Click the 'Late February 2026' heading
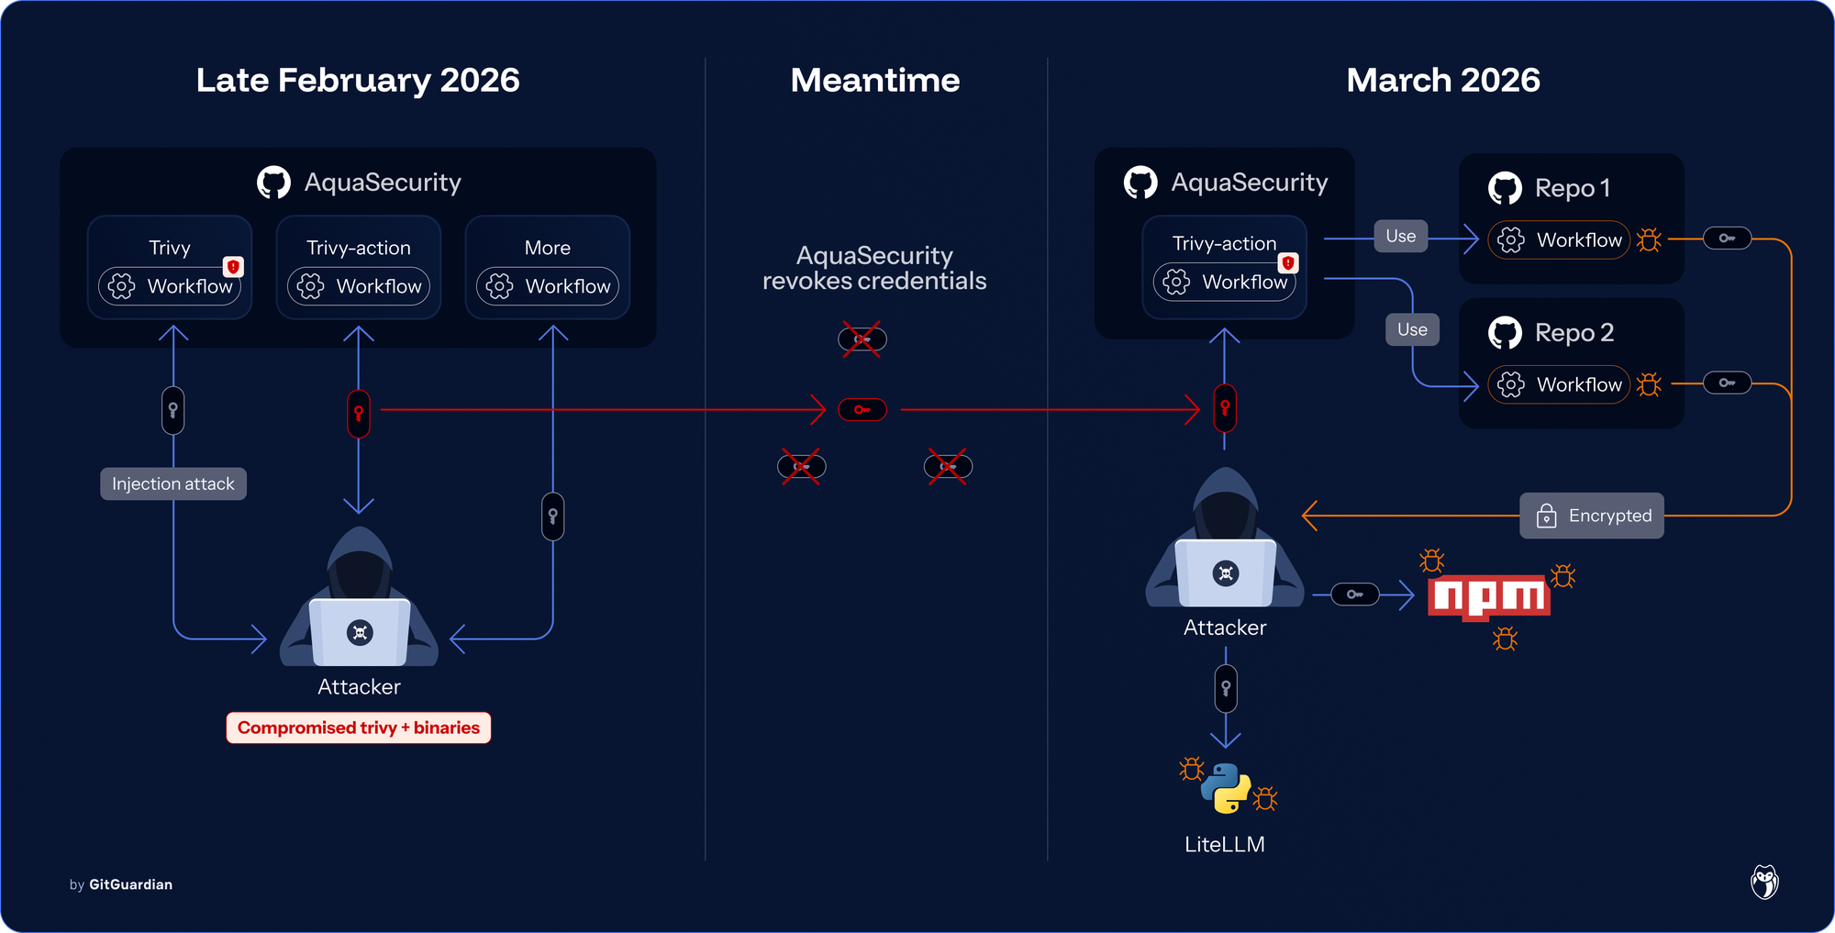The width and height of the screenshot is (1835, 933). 358,81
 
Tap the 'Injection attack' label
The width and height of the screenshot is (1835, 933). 173,483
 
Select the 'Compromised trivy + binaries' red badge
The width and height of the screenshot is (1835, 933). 359,728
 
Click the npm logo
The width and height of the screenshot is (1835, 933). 1489,597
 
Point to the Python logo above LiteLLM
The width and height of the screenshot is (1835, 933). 1226,788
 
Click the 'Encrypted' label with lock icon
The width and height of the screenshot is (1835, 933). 1592,516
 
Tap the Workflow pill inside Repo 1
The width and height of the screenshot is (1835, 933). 1559,240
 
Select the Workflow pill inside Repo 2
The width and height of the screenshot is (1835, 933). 1559,384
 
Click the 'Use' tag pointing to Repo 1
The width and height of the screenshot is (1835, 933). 1400,237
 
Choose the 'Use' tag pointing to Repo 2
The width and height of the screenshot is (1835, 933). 1412,329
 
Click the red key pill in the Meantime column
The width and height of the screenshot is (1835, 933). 862,409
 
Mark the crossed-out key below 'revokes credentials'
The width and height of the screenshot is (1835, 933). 862,339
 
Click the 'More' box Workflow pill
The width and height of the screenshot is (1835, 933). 548,286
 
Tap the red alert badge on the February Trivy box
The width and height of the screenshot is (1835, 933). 234,266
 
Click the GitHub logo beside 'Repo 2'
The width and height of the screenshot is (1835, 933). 1505,332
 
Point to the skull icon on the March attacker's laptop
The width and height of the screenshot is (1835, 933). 1226,573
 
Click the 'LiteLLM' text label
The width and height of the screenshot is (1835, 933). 1224,844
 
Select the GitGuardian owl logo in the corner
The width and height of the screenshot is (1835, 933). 1763,883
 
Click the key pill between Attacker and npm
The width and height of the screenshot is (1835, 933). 1355,594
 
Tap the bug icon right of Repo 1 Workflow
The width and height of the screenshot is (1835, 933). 1649,240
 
